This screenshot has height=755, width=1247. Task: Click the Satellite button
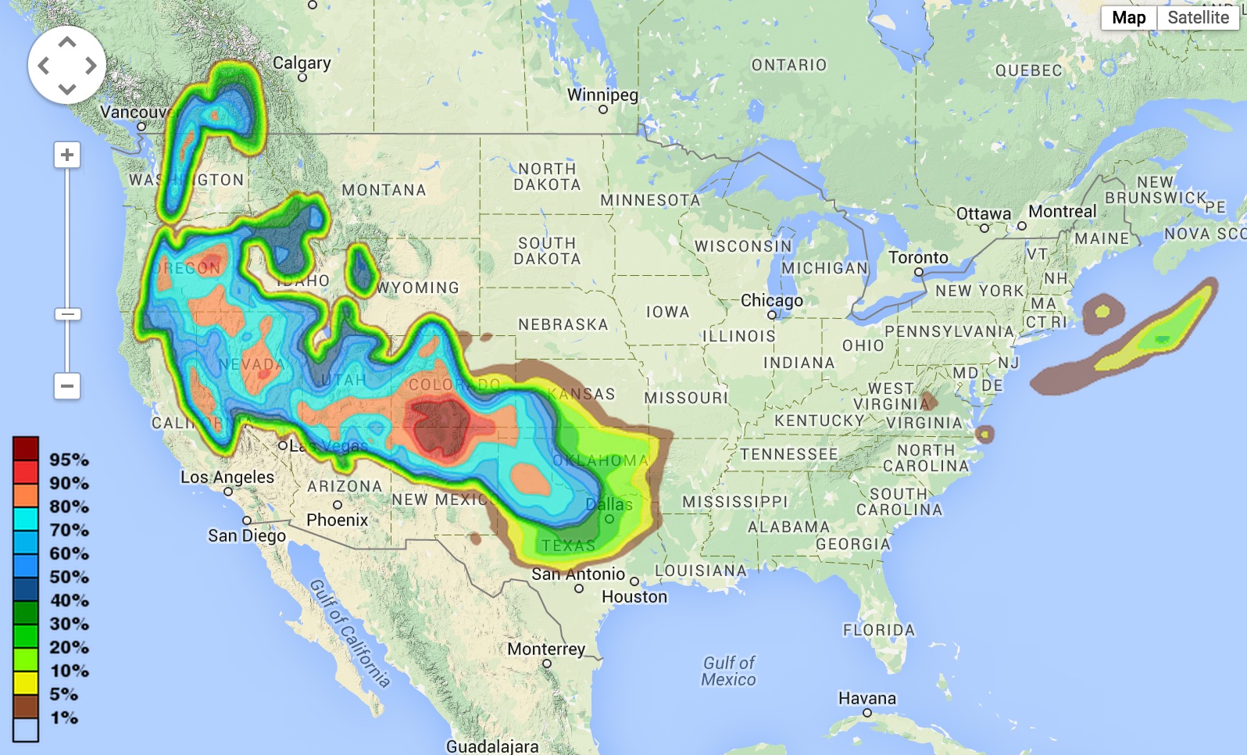[x=1198, y=18]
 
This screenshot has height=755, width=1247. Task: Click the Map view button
[x=1128, y=18]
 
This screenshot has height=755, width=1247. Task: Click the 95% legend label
[x=69, y=460]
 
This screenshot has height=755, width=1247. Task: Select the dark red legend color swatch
[x=26, y=449]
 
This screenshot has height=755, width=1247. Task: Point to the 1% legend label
[x=64, y=717]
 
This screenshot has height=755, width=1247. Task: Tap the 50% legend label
[x=69, y=577]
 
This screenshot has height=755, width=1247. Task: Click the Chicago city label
[x=771, y=300]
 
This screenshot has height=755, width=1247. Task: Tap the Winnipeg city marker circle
[x=603, y=109]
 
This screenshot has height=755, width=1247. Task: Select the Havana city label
[x=866, y=698]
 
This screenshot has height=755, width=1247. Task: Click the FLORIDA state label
[x=878, y=630]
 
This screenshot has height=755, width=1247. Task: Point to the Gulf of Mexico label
[x=728, y=671]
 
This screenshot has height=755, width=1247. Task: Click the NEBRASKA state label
[x=563, y=324]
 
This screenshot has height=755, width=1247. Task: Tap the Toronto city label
[x=918, y=257]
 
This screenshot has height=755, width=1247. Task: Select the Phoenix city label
[x=337, y=520]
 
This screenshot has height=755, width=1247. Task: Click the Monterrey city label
[x=545, y=649]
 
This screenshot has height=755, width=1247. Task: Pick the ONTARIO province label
[x=788, y=65]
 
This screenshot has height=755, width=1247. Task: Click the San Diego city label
[x=246, y=535]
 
